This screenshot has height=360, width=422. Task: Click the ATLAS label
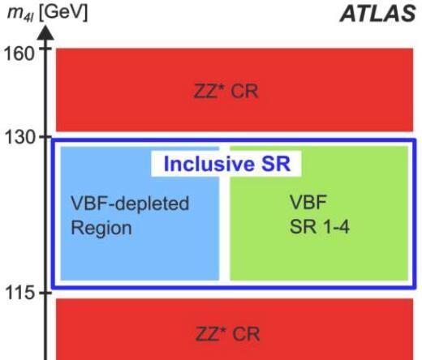coord(377,14)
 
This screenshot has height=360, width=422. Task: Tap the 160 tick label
coord(19,54)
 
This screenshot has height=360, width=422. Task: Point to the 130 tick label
coord(19,137)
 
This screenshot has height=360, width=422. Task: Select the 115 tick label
coord(19,293)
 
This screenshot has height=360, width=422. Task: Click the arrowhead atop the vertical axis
coord(45,32)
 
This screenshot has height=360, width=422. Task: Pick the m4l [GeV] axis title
coord(48,13)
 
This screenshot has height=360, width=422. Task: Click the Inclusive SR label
coord(227,164)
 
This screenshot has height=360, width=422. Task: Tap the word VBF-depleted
coord(130,204)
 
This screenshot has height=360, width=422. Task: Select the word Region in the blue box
coord(101,229)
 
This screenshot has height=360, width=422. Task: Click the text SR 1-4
coord(320,226)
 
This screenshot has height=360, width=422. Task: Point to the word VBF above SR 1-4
coord(308,202)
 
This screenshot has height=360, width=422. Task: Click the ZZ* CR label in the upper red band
coord(226,91)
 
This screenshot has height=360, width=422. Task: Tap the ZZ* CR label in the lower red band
coord(227,334)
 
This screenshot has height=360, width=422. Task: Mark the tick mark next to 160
coord(45,49)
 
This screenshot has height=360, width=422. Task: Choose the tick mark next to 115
coord(45,293)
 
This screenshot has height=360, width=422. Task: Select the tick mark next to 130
coord(45,137)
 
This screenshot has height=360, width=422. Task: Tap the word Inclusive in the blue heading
coord(209,164)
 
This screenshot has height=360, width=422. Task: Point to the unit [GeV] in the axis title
coord(63,13)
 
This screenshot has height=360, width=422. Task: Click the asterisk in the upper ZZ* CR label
coord(222,87)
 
